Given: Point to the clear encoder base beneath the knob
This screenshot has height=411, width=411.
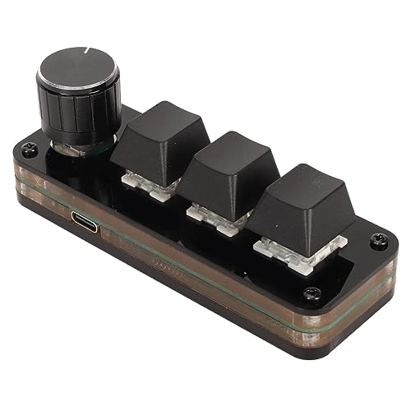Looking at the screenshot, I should [x=78, y=148].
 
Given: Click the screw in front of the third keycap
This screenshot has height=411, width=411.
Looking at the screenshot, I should [x=312, y=292].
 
